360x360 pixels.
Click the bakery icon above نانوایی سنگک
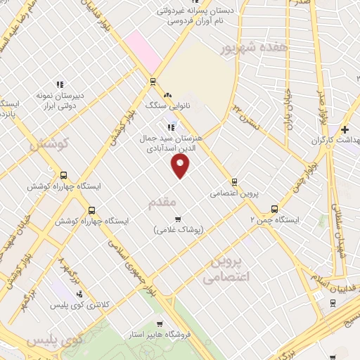[167, 96]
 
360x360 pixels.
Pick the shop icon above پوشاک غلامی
[178, 219]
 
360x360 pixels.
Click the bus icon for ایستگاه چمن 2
[274, 209]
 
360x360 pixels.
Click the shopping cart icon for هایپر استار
[160, 324]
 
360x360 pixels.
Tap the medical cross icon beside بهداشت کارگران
[345, 130]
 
